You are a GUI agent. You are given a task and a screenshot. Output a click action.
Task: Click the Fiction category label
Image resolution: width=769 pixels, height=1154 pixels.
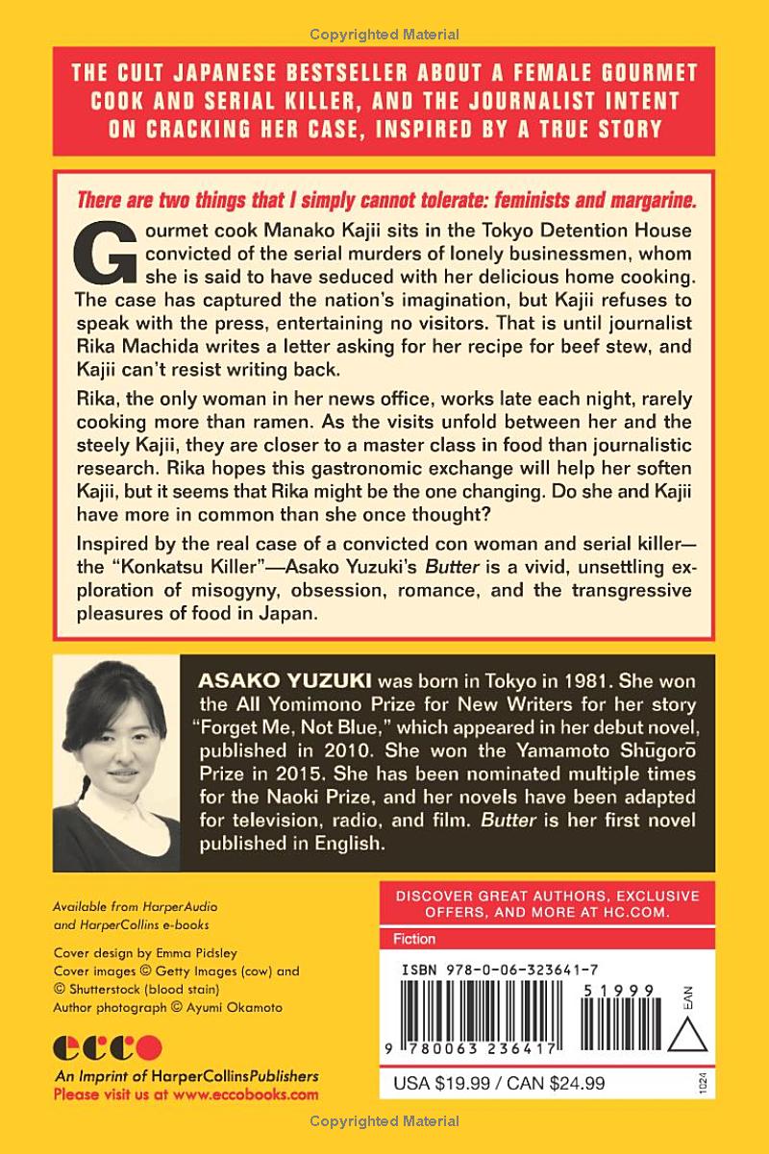[x=414, y=939]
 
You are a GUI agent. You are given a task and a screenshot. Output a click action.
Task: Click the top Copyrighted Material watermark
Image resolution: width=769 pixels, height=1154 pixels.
[x=384, y=35]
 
